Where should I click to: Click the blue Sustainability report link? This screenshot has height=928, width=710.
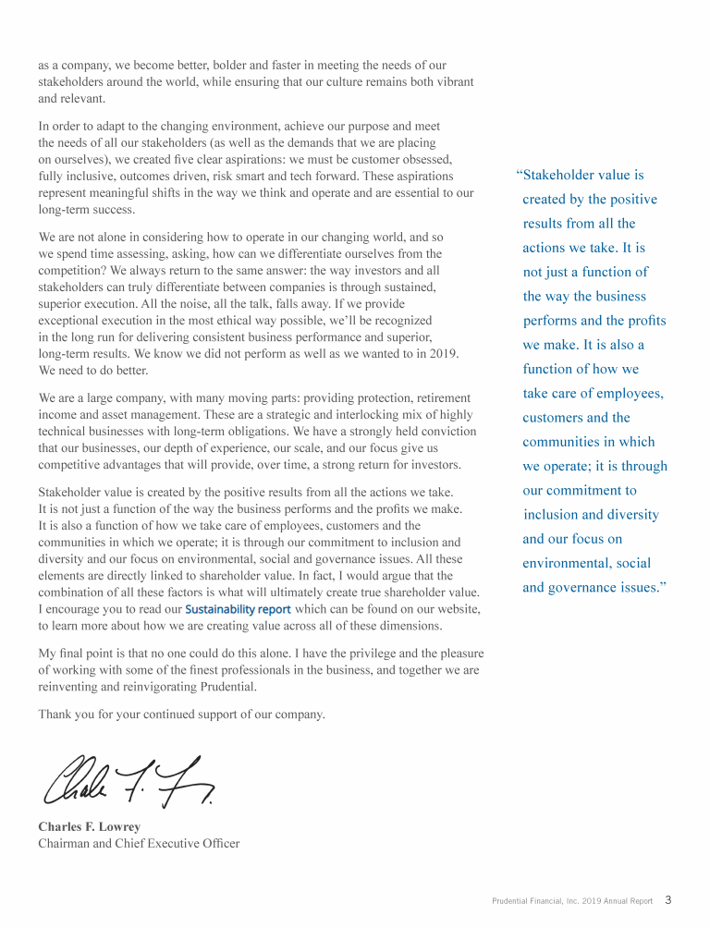(x=239, y=609)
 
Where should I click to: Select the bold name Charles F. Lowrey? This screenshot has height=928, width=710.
(x=90, y=826)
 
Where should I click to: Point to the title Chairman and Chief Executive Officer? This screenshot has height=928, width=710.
(x=139, y=843)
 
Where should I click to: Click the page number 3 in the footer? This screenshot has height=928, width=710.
(x=668, y=900)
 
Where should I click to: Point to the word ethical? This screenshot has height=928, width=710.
(x=220, y=321)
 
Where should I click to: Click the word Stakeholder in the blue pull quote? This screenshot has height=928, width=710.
(x=564, y=175)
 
